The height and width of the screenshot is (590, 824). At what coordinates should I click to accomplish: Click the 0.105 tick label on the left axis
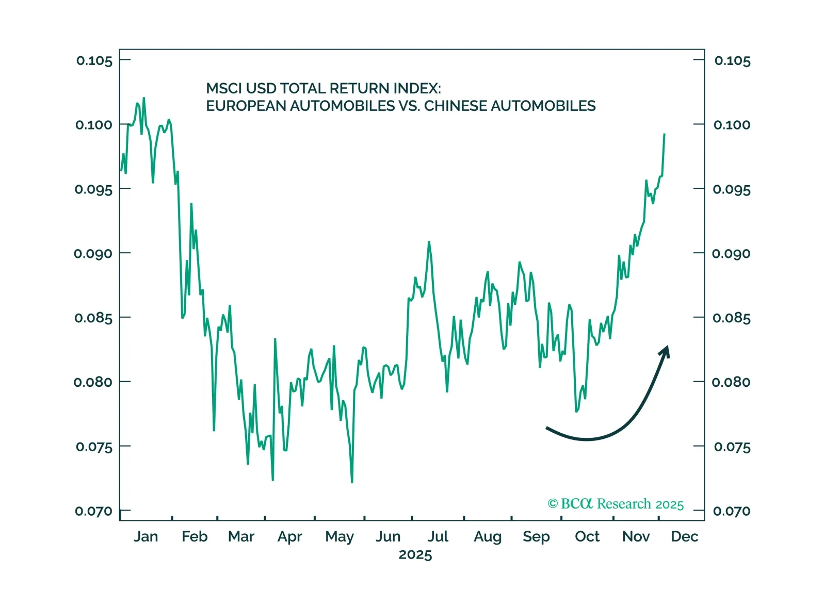[94, 61]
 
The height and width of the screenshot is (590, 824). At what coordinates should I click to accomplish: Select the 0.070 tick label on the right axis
[732, 511]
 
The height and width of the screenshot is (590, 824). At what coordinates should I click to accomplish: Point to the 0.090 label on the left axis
[93, 254]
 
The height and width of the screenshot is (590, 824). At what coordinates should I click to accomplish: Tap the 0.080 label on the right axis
[731, 382]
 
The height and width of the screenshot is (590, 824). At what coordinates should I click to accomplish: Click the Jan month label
[146, 537]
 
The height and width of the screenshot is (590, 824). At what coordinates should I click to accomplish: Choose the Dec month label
[684, 537]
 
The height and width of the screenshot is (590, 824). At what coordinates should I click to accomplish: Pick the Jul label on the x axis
[438, 537]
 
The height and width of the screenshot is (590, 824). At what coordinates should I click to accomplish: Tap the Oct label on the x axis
[587, 537]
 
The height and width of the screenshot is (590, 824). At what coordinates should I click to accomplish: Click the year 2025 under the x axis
[415, 555]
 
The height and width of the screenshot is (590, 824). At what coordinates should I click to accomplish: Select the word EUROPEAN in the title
[246, 106]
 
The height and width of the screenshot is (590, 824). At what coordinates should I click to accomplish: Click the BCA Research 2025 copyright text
[616, 504]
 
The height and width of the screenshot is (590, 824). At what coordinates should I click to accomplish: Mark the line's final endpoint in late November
[665, 134]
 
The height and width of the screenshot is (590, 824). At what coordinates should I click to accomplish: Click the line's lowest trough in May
[352, 482]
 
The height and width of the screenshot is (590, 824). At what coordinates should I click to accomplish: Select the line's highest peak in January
[143, 97]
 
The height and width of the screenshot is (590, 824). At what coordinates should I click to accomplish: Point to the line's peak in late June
[429, 242]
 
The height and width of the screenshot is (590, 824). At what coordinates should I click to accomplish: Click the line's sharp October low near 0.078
[576, 411]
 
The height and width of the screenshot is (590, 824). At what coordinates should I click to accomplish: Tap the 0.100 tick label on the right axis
[732, 125]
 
